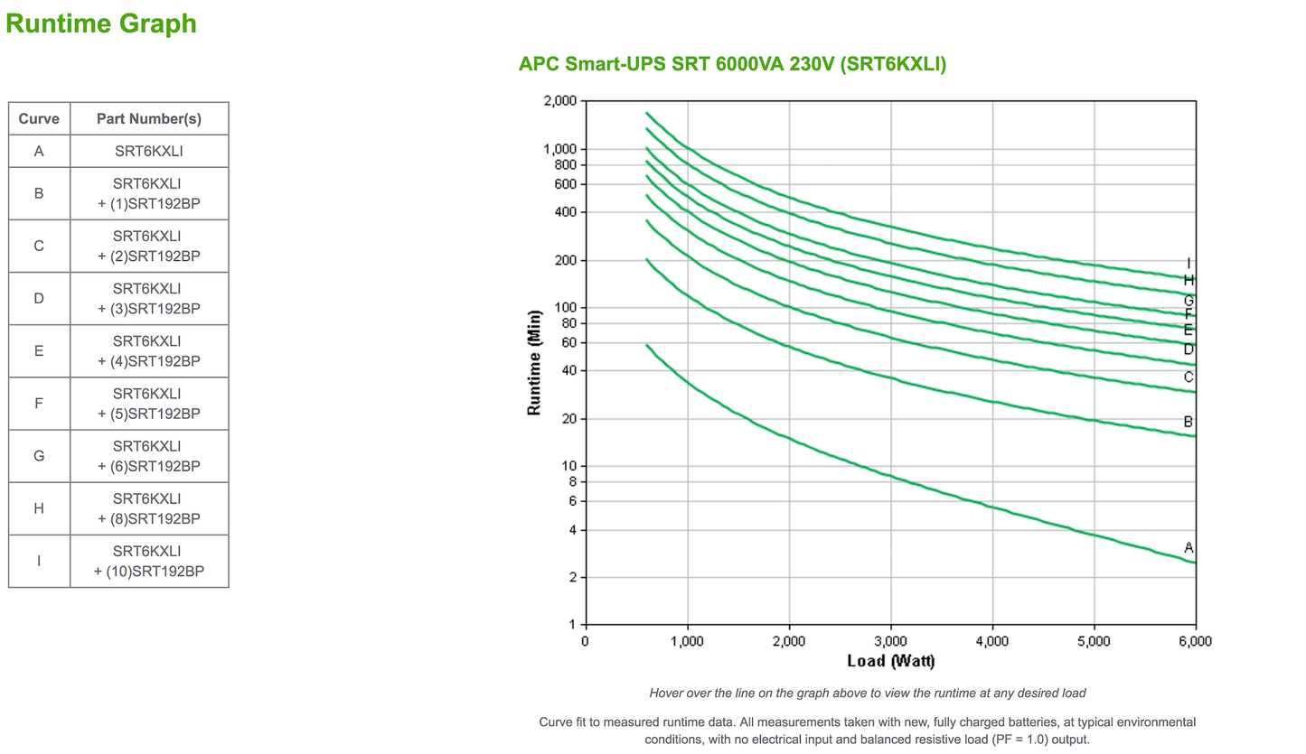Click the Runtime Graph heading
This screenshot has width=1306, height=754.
101,23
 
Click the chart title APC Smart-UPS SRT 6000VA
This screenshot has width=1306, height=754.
732,64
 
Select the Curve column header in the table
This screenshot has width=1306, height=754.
39,118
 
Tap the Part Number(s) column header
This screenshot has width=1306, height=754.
148,118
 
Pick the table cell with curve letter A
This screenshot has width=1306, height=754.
39,152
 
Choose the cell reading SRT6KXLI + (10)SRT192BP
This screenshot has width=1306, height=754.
148,561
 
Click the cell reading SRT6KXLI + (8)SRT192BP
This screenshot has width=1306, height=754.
148,508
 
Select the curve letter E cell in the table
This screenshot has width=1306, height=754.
39,350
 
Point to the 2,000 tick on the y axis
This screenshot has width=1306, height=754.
559,101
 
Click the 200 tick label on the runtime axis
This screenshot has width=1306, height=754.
565,260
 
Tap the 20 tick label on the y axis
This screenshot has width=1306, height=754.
568,419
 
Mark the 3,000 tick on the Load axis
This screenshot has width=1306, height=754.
890,641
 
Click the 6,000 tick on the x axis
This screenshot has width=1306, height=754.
1195,641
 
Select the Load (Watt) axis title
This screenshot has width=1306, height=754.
890,661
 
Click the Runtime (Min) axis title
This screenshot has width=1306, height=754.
534,361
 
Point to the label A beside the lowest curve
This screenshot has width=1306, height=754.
1189,547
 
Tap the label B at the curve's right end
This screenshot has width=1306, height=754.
1189,422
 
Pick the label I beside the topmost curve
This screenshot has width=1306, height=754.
1189,264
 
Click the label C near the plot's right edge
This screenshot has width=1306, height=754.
1189,377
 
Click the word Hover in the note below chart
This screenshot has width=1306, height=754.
667,693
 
